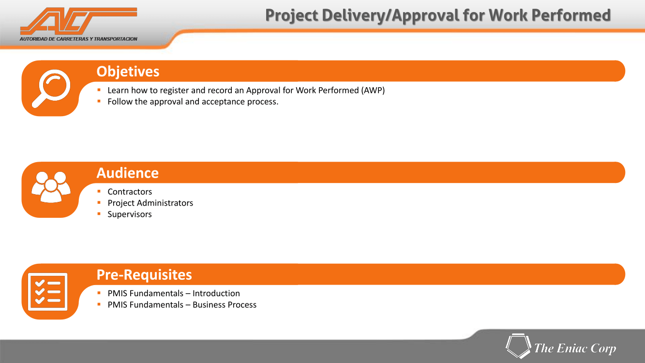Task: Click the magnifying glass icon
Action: pos(51,88)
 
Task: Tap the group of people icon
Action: pos(51,187)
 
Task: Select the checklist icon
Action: pos(47,292)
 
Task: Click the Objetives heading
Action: pos(128,72)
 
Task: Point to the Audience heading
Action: pos(128,173)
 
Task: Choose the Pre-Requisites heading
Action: pos(144,274)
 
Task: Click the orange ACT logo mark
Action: pos(78,21)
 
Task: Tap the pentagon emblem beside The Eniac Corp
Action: pos(518,346)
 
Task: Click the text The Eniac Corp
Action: pos(575,348)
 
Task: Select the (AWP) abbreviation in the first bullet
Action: pos(373,91)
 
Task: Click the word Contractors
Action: pos(130,192)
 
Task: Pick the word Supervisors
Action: pos(130,214)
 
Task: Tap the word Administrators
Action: pos(165,203)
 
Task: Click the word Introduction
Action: pos(216,293)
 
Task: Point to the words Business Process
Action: pos(225,304)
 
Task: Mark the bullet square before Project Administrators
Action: pos(99,202)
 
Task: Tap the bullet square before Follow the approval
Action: pos(99,101)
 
